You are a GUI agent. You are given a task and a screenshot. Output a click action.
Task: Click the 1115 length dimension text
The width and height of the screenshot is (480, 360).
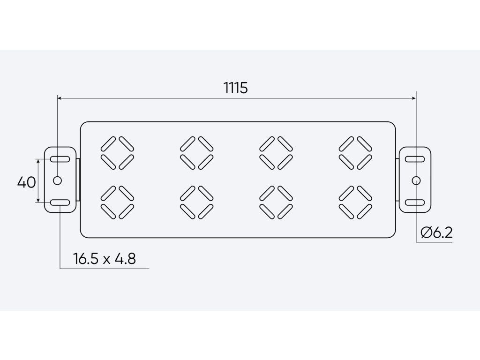pyautogui.click(x=235, y=88)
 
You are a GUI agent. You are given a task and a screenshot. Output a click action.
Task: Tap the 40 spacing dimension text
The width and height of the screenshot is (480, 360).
pyautogui.click(x=27, y=182)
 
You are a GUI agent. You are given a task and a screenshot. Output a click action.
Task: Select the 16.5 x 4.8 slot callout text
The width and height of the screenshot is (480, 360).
pyautogui.click(x=105, y=259)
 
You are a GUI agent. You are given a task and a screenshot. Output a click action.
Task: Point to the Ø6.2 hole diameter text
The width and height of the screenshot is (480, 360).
pyautogui.click(x=436, y=233)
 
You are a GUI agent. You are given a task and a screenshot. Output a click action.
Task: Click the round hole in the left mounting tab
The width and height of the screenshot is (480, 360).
pyautogui.click(x=57, y=180)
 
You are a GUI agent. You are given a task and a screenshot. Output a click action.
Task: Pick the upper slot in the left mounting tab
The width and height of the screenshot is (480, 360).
pyautogui.click(x=60, y=159)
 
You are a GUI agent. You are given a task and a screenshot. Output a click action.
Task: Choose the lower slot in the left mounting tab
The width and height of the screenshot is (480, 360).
pyautogui.click(x=60, y=202)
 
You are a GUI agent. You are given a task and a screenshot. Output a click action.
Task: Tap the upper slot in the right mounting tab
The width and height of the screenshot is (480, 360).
pyautogui.click(x=415, y=159)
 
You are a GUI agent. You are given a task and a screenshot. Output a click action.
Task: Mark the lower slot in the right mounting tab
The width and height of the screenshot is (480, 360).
pyautogui.click(x=415, y=202)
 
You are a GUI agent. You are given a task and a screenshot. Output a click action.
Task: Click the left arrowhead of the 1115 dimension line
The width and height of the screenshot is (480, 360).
pyautogui.click(x=60, y=98)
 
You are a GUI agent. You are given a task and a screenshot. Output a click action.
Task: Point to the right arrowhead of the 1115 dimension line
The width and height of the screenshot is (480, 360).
pyautogui.click(x=414, y=98)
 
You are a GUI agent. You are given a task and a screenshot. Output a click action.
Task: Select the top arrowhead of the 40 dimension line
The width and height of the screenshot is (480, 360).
pyautogui.click(x=38, y=161)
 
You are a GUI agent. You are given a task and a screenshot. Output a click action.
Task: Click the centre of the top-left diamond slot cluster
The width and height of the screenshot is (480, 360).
pyautogui.click(x=117, y=153)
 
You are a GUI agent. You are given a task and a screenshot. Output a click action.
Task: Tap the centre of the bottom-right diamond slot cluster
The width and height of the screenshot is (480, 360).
pyautogui.click(x=355, y=202)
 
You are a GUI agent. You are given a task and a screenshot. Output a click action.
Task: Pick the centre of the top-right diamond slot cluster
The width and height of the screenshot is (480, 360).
pyautogui.click(x=355, y=153)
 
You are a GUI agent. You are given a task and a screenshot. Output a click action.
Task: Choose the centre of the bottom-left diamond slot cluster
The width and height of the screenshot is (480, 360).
pyautogui.click(x=117, y=202)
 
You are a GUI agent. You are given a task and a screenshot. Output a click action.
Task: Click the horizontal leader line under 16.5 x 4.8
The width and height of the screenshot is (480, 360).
pyautogui.click(x=105, y=269)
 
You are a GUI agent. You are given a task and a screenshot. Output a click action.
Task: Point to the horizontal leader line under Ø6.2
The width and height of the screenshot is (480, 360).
pyautogui.click(x=434, y=242)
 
